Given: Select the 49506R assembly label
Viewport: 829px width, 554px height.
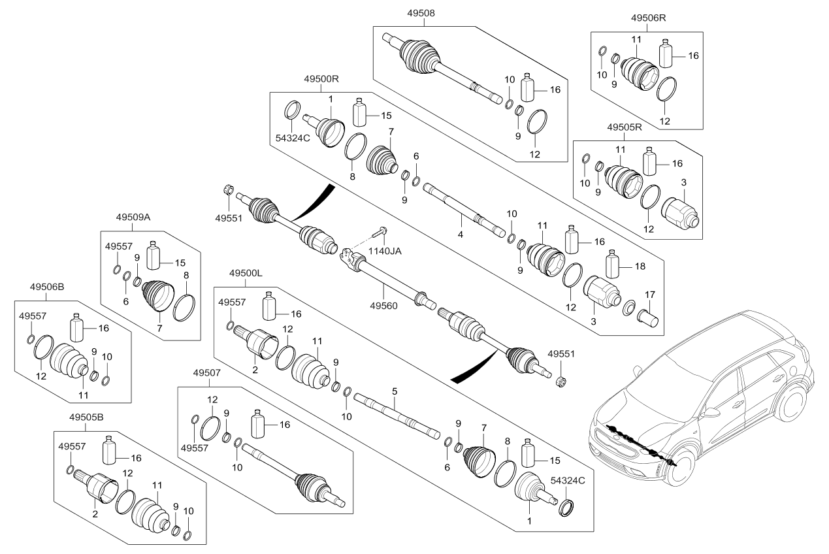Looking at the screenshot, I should click(649, 18).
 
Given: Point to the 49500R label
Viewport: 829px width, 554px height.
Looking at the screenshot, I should click(322, 78).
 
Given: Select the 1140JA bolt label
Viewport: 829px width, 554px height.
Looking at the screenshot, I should click(385, 251).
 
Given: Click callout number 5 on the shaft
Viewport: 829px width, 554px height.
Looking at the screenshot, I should click(395, 391).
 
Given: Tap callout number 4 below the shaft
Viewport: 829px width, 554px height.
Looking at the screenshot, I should click(460, 234).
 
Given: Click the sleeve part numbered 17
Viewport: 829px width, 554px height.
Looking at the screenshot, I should click(648, 319).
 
